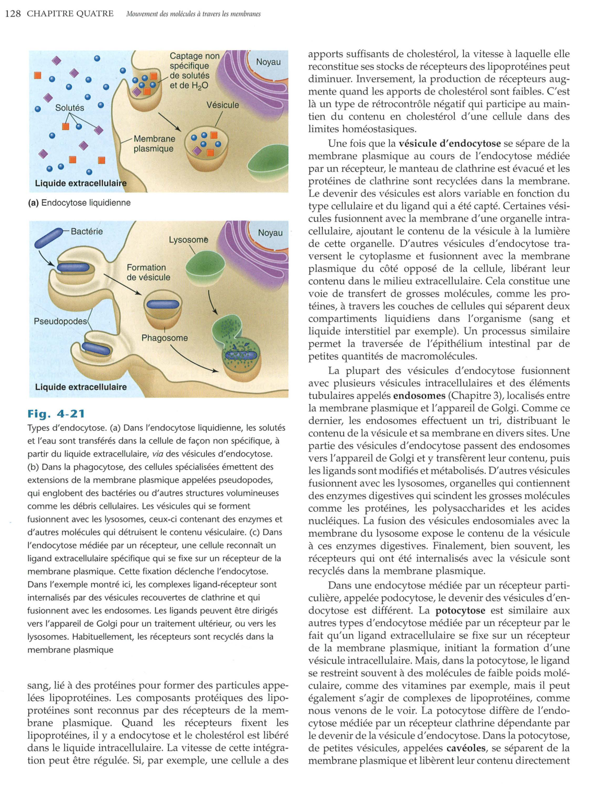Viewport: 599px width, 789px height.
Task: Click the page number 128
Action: tap(13, 14)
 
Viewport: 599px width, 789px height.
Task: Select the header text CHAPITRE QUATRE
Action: tap(70, 14)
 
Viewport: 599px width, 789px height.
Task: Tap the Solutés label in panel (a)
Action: tap(69, 108)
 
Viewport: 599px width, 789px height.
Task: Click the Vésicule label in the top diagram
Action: tap(222, 105)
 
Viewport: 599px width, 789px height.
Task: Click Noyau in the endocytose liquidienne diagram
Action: tap(268, 62)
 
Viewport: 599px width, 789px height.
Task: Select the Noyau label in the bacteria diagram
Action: tap(270, 233)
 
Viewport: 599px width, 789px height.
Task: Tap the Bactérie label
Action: tap(87, 231)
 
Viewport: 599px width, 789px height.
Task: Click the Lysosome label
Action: tap(188, 240)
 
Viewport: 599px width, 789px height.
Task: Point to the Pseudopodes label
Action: tap(60, 321)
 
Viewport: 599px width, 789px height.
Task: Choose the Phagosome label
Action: tap(165, 338)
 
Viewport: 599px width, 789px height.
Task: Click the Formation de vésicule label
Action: tap(148, 272)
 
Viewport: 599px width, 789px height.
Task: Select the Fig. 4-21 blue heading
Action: tap(56, 414)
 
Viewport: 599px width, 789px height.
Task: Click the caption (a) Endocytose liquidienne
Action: tap(79, 203)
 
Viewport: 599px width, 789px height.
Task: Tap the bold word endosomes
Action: tap(419, 395)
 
